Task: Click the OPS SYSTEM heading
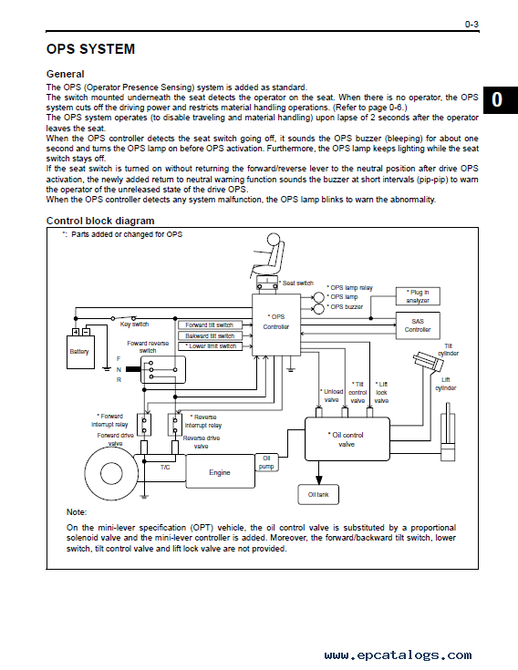(x=90, y=49)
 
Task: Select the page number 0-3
(x=471, y=25)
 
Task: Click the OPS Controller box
(x=276, y=325)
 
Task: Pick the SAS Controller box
(x=418, y=325)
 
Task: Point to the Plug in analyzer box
(x=418, y=296)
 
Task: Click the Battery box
(x=80, y=352)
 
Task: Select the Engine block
(x=220, y=471)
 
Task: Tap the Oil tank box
(x=318, y=494)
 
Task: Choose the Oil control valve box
(x=347, y=439)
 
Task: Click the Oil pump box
(x=266, y=462)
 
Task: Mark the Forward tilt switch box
(x=211, y=325)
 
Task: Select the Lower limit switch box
(x=211, y=346)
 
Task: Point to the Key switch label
(x=134, y=325)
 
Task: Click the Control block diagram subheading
(x=100, y=221)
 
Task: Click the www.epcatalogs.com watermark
(x=398, y=655)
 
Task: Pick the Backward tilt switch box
(x=211, y=335)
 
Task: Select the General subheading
(x=66, y=74)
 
